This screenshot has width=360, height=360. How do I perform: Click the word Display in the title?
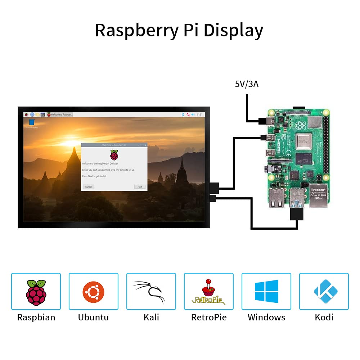click(x=233, y=31)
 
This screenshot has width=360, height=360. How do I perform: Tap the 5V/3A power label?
click(x=247, y=84)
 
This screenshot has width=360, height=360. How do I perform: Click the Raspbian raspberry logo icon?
click(x=36, y=292)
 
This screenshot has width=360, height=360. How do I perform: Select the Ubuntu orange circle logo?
click(x=93, y=292)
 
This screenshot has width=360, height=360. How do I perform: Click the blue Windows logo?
click(x=266, y=292)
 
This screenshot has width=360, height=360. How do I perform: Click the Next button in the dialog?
click(x=140, y=187)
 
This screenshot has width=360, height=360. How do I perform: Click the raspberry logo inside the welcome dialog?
click(x=114, y=155)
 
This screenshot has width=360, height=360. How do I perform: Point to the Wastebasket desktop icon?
click(x=31, y=122)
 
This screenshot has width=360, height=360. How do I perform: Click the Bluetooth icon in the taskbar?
click(x=183, y=114)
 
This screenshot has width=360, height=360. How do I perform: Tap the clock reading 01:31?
click(x=199, y=114)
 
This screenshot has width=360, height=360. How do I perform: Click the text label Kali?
click(x=151, y=317)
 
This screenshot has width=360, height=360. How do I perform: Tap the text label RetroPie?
click(x=209, y=317)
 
